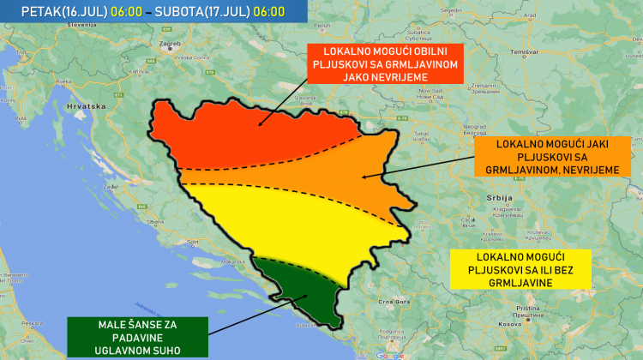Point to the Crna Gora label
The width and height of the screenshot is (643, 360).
tap(392, 302)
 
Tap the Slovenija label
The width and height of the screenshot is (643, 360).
tap(78, 25)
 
